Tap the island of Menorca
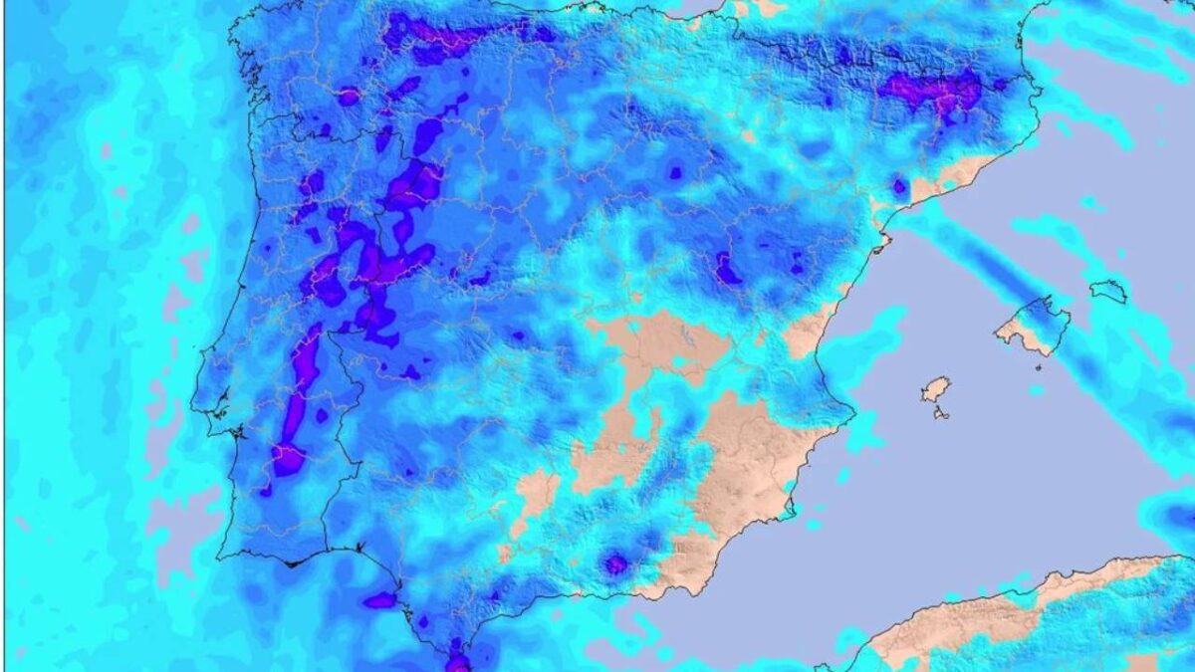point(1107,291)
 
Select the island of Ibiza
point(935,388)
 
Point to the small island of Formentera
point(941,412)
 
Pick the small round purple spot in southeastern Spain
point(616,564)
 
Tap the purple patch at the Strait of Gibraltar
point(457,661)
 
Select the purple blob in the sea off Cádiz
point(379,600)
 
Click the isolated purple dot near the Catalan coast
point(900,186)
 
